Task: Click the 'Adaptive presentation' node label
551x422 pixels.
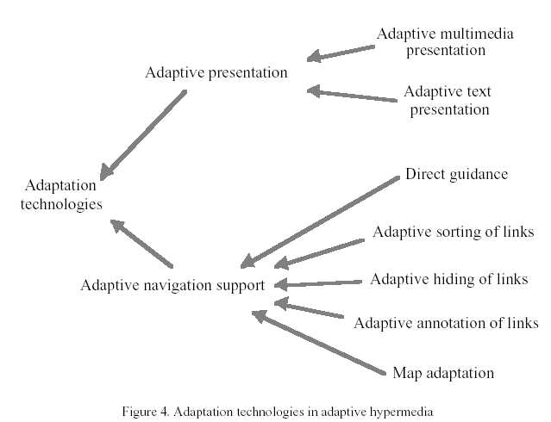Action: pyautogui.click(x=216, y=72)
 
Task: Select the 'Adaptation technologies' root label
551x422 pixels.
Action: pyautogui.click(x=62, y=195)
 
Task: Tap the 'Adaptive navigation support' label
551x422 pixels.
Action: pyautogui.click(x=172, y=286)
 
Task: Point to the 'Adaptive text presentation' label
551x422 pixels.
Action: pyautogui.click(x=446, y=100)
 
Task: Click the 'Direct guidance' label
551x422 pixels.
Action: pyautogui.click(x=456, y=175)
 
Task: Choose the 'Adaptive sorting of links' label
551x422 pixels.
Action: pyautogui.click(x=453, y=232)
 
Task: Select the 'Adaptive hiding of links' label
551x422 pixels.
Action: pyautogui.click(x=448, y=279)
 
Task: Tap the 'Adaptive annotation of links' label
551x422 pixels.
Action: pyautogui.click(x=446, y=323)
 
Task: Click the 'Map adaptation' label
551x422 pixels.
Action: pyautogui.click(x=443, y=373)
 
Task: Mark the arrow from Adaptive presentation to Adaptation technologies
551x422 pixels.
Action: pyautogui.click(x=143, y=134)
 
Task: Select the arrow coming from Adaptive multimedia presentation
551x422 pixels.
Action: pyautogui.click(x=341, y=53)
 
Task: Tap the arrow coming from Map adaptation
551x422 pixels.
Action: pyautogui.click(x=319, y=343)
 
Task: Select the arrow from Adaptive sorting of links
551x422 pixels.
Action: pyautogui.click(x=319, y=252)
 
